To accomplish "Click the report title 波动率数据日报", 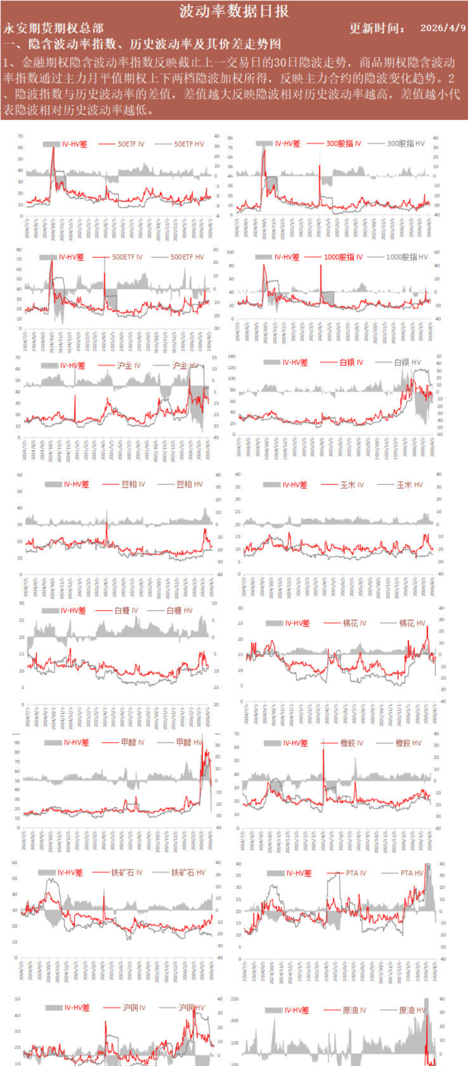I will (234, 11).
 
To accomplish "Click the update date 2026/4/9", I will (443, 28).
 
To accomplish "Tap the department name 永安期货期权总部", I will (53, 28).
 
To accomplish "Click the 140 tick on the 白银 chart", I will (231, 357).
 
